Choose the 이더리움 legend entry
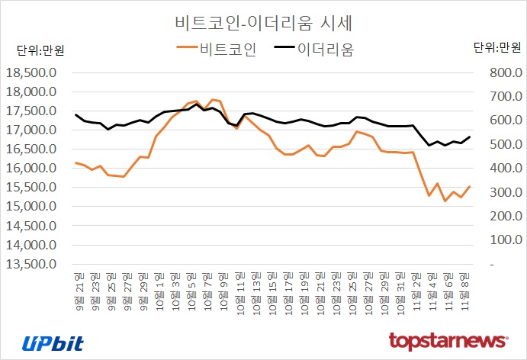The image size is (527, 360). click(314, 50)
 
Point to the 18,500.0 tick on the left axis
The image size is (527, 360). click(31, 73)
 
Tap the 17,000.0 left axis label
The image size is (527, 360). click(31, 130)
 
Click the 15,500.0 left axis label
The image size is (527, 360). click(31, 188)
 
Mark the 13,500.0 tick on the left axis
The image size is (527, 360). click(31, 264)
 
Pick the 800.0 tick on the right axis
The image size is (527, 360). click(495, 73)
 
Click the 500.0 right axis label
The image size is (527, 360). click(495, 145)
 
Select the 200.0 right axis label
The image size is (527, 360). click(495, 217)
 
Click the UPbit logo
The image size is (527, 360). click(53, 342)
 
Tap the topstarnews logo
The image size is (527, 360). click(448, 340)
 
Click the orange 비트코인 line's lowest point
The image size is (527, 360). click(445, 201)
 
